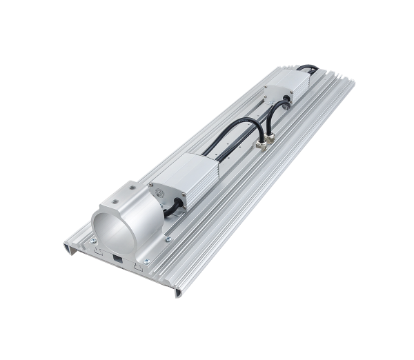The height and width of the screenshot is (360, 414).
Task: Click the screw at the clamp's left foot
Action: pyautogui.click(x=92, y=242)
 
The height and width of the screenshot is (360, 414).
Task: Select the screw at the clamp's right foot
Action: pyautogui.click(x=168, y=239)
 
